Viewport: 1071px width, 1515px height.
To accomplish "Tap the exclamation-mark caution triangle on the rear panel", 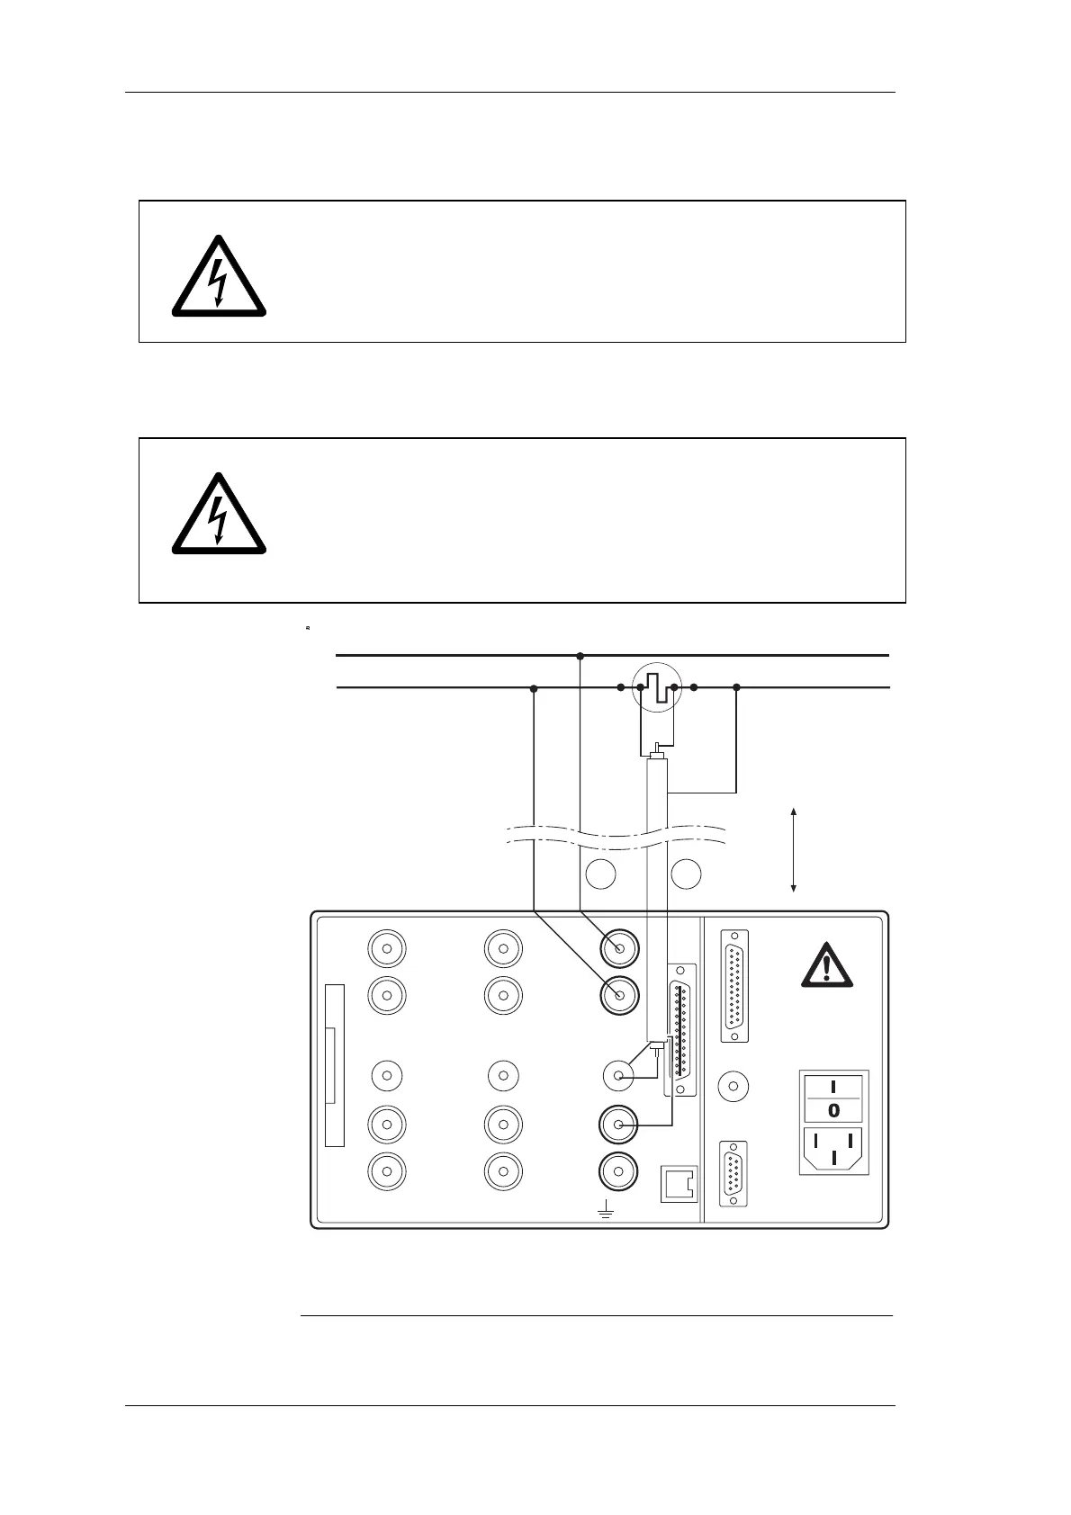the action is tap(825, 965).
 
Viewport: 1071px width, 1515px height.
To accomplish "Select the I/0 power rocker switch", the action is tap(834, 1098).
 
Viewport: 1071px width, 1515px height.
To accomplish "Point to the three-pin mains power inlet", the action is tap(834, 1150).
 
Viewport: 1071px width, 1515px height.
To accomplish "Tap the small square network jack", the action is tap(679, 1183).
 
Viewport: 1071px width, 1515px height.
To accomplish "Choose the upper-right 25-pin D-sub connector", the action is tap(735, 985).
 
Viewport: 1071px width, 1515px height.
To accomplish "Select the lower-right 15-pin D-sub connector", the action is tap(734, 1173).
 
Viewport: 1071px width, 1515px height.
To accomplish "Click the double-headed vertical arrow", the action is tap(793, 850).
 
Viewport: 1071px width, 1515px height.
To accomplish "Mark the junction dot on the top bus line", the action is tap(580, 656).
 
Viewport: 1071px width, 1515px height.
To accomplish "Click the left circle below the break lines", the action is tap(601, 874).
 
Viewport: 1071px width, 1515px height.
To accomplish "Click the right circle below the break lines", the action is tap(687, 874).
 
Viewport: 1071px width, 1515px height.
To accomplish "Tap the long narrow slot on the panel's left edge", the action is tap(334, 1066).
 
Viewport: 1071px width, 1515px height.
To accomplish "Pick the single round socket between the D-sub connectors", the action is tap(734, 1087).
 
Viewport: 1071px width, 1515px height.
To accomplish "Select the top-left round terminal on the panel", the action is tap(387, 947).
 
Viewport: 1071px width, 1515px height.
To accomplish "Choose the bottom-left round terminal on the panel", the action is tap(387, 1170).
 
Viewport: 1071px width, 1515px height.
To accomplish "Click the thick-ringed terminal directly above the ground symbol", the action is tap(619, 1170).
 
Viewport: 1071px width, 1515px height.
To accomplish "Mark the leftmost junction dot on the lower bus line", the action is tap(534, 688).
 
